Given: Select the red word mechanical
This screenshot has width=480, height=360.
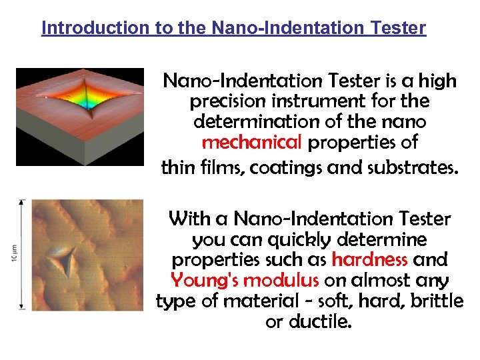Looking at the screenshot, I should point(252,143).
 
